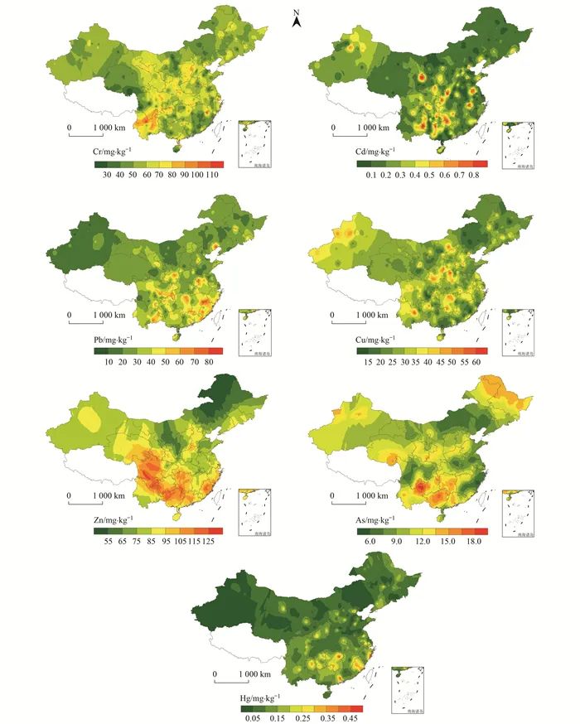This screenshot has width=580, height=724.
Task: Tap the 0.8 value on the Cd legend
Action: (x=473, y=176)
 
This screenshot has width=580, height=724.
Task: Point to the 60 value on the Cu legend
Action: (x=480, y=364)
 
